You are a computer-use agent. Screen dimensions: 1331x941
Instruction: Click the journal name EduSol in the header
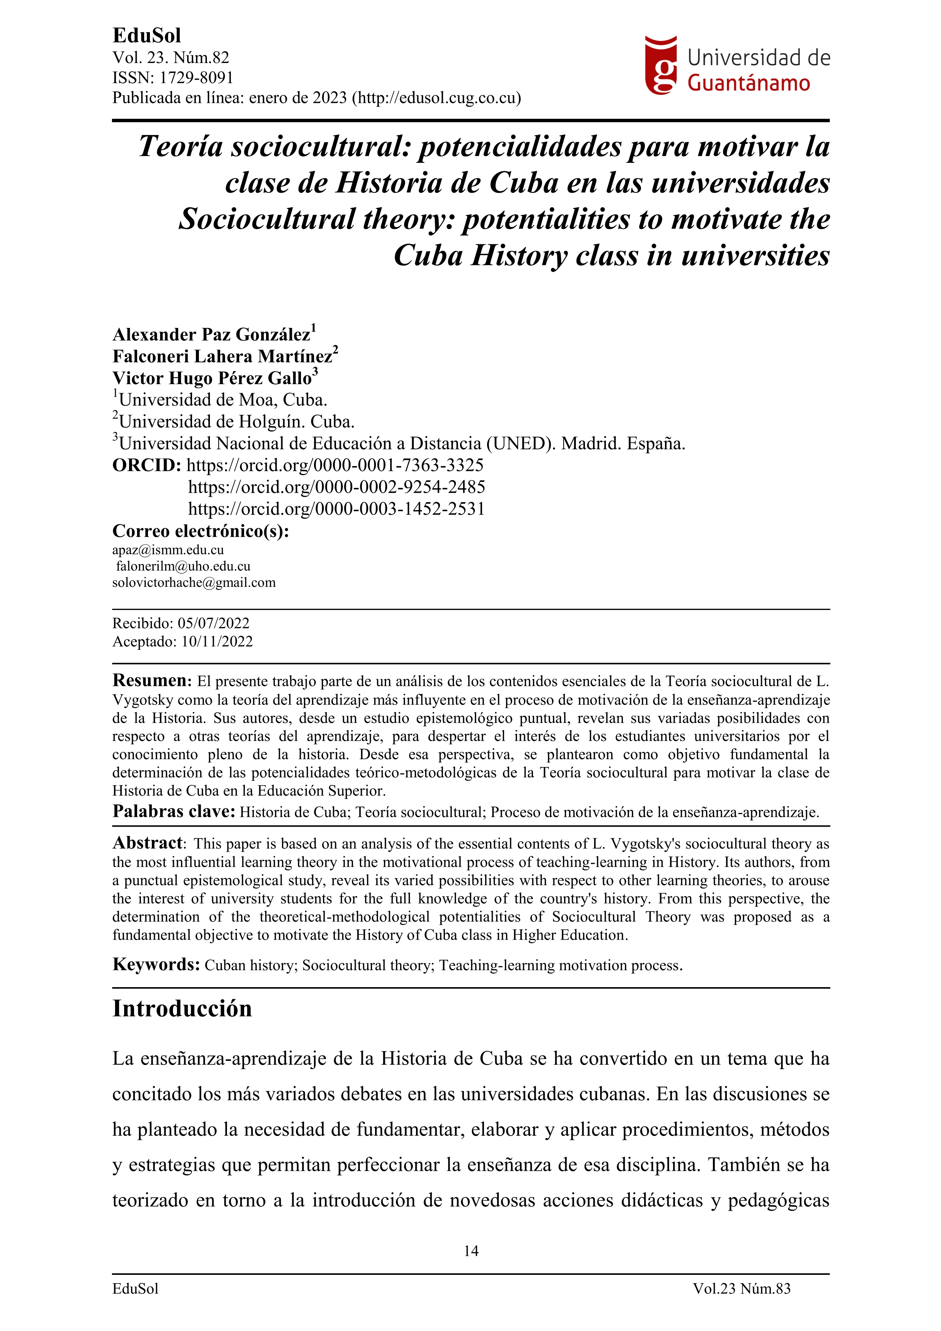tap(147, 36)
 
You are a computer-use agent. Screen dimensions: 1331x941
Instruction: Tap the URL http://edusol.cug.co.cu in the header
tap(437, 98)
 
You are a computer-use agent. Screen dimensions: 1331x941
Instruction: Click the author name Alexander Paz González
tap(212, 335)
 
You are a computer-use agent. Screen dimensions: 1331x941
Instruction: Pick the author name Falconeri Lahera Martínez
tap(223, 356)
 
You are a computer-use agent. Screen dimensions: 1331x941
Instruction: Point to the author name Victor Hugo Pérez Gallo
tap(212, 378)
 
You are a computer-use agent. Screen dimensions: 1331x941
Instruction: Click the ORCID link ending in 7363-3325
tap(335, 466)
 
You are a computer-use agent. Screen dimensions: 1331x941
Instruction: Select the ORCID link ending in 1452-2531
tap(336, 509)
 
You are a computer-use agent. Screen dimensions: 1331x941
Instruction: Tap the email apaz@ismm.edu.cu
tap(168, 550)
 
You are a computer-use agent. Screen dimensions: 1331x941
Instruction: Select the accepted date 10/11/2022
tap(217, 642)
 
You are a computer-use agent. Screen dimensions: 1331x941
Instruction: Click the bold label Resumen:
tap(152, 680)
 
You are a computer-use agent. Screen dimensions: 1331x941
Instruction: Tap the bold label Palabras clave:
tap(174, 811)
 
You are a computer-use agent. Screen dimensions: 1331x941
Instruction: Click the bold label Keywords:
tap(156, 965)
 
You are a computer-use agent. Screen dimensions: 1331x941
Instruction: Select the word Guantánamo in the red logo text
tap(749, 84)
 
